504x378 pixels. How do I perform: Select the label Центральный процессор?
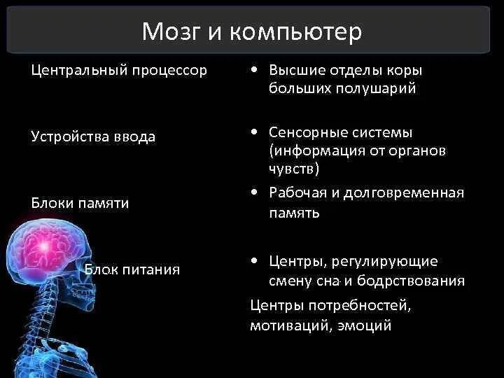119,71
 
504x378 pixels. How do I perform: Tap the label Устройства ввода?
93,136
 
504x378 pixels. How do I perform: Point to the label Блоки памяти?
80,203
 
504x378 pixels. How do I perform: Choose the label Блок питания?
132,269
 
